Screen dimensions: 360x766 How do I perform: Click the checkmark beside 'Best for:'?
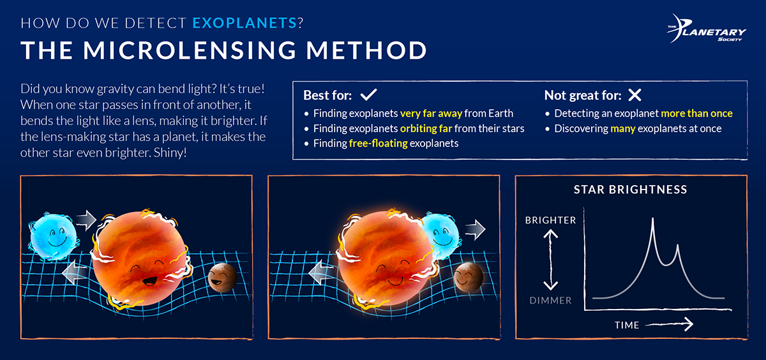tap(369, 96)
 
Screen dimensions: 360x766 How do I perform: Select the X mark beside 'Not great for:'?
tap(634, 96)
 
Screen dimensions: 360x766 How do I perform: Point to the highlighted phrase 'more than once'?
tap(696, 114)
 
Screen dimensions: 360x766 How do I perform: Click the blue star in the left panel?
tap(52, 234)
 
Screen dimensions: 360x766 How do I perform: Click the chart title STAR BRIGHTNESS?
tap(630, 190)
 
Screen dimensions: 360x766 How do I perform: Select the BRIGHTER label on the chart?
tap(550, 220)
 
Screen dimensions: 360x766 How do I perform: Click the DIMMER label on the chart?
tap(550, 300)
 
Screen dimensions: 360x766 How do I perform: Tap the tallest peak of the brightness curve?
tap(652, 220)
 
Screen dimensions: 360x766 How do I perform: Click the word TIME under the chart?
tap(626, 325)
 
